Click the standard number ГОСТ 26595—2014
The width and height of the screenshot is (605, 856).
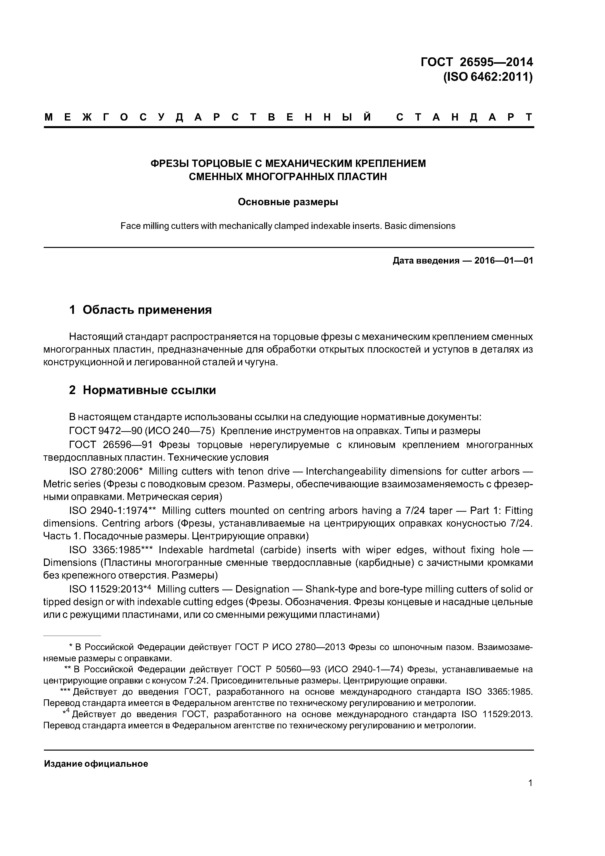(476, 62)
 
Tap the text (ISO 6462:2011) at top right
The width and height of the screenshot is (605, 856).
(488, 77)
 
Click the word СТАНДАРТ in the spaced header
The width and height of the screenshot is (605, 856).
(464, 117)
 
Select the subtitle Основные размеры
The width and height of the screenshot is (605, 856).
(288, 202)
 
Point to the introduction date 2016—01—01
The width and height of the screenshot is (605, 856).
(504, 261)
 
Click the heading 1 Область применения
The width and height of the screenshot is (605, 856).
(141, 309)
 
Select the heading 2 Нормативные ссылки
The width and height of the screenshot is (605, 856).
(142, 390)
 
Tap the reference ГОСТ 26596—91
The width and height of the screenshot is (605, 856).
(110, 445)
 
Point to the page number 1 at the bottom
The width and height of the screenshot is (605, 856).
(530, 783)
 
